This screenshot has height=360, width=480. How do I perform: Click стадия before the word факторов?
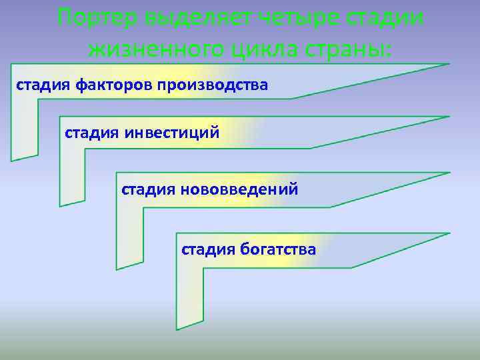pos(43,85)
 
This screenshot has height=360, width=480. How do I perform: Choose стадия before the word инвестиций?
pos(92,133)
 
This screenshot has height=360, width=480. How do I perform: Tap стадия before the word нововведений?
pos(148,189)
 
